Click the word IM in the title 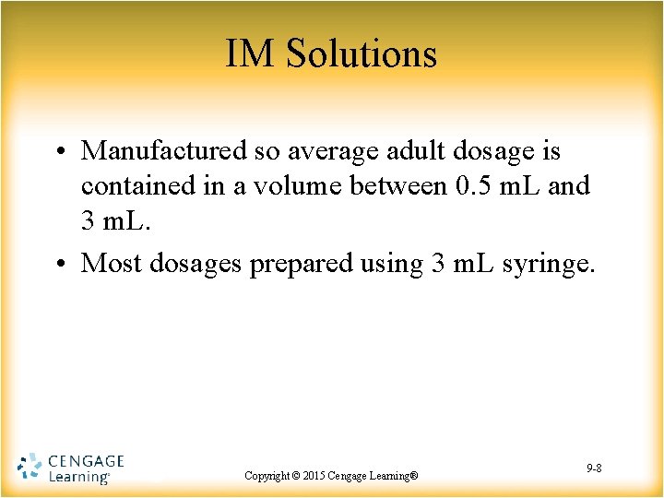pyautogui.click(x=250, y=53)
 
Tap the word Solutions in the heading pyautogui.click(x=361, y=53)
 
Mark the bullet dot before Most pyautogui.click(x=59, y=265)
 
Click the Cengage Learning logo pyautogui.click(x=71, y=468)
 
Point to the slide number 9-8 pyautogui.click(x=594, y=469)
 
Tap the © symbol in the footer pyautogui.click(x=296, y=476)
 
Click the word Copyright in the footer pyautogui.click(x=267, y=476)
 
